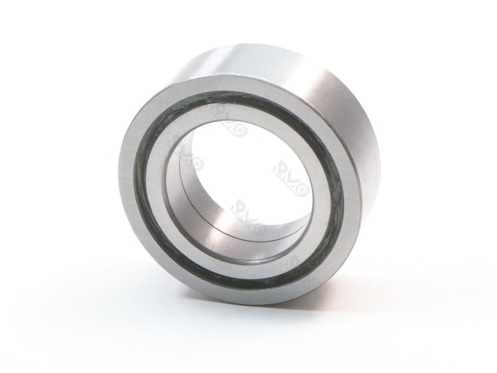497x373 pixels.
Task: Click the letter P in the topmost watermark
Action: click(219, 111)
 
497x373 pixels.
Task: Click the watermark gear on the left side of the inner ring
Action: click(197, 163)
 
